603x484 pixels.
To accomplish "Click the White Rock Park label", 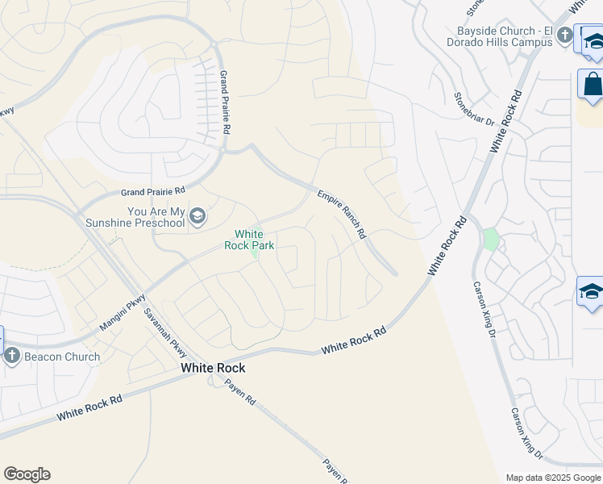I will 255,240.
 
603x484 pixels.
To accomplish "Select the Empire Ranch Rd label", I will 342,215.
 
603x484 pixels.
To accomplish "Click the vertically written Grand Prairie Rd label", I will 227,102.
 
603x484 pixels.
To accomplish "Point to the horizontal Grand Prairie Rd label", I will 153,192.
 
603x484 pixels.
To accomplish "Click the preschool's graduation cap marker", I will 198,216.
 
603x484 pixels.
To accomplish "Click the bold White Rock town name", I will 213,368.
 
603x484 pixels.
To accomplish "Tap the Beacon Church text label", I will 62,357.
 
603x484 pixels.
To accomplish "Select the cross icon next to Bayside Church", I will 564,35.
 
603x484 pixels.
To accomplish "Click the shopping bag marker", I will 591,85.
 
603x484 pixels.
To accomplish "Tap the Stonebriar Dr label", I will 473,108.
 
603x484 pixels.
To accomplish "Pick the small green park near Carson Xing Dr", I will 489,240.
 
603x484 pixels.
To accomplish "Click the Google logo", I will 27,474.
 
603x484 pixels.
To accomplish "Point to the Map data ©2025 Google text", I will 552,478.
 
